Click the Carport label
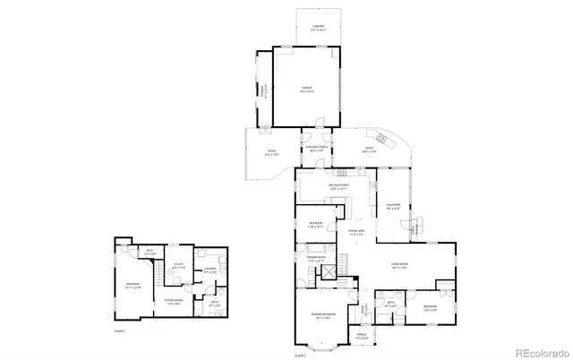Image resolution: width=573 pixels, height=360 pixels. click(306, 28)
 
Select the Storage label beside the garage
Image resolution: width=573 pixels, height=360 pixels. click(261, 89)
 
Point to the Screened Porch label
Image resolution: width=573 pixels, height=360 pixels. click(313, 149)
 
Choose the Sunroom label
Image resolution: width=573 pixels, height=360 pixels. click(392, 207)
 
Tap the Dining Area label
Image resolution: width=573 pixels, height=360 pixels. click(355, 234)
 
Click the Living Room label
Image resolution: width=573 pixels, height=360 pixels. click(399, 266)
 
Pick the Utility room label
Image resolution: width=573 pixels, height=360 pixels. click(179, 266)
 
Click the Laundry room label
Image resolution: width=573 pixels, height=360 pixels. click(211, 270)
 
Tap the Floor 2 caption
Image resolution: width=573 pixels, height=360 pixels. click(300, 356)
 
